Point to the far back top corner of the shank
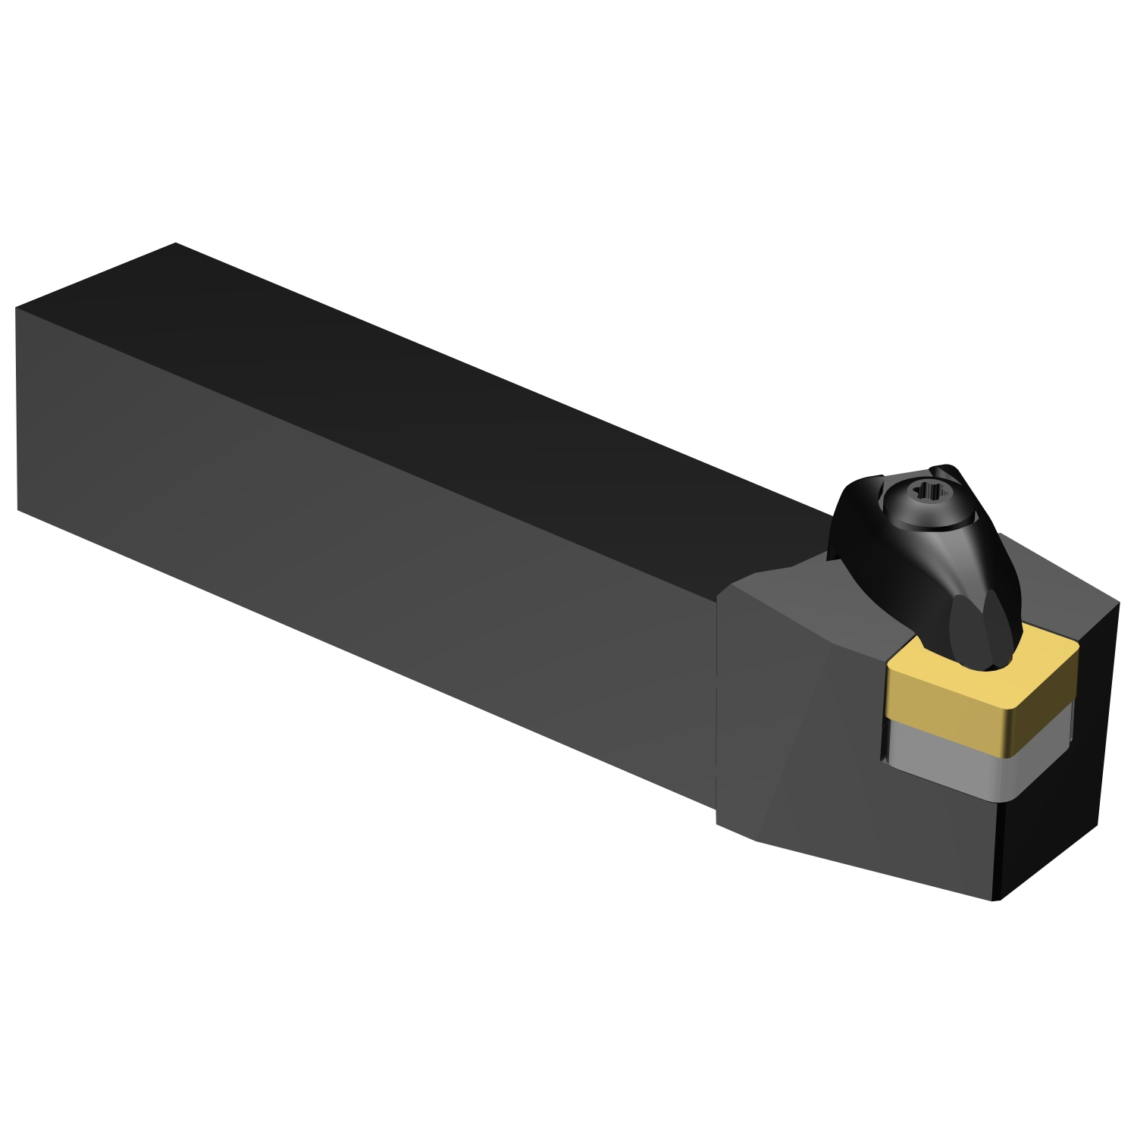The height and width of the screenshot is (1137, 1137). point(176,243)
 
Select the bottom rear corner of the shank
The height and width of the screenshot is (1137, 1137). point(17,509)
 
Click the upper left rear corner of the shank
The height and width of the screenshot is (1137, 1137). point(16,309)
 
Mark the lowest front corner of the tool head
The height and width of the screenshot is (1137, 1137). point(994,901)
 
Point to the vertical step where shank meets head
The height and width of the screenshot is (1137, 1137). point(717,705)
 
